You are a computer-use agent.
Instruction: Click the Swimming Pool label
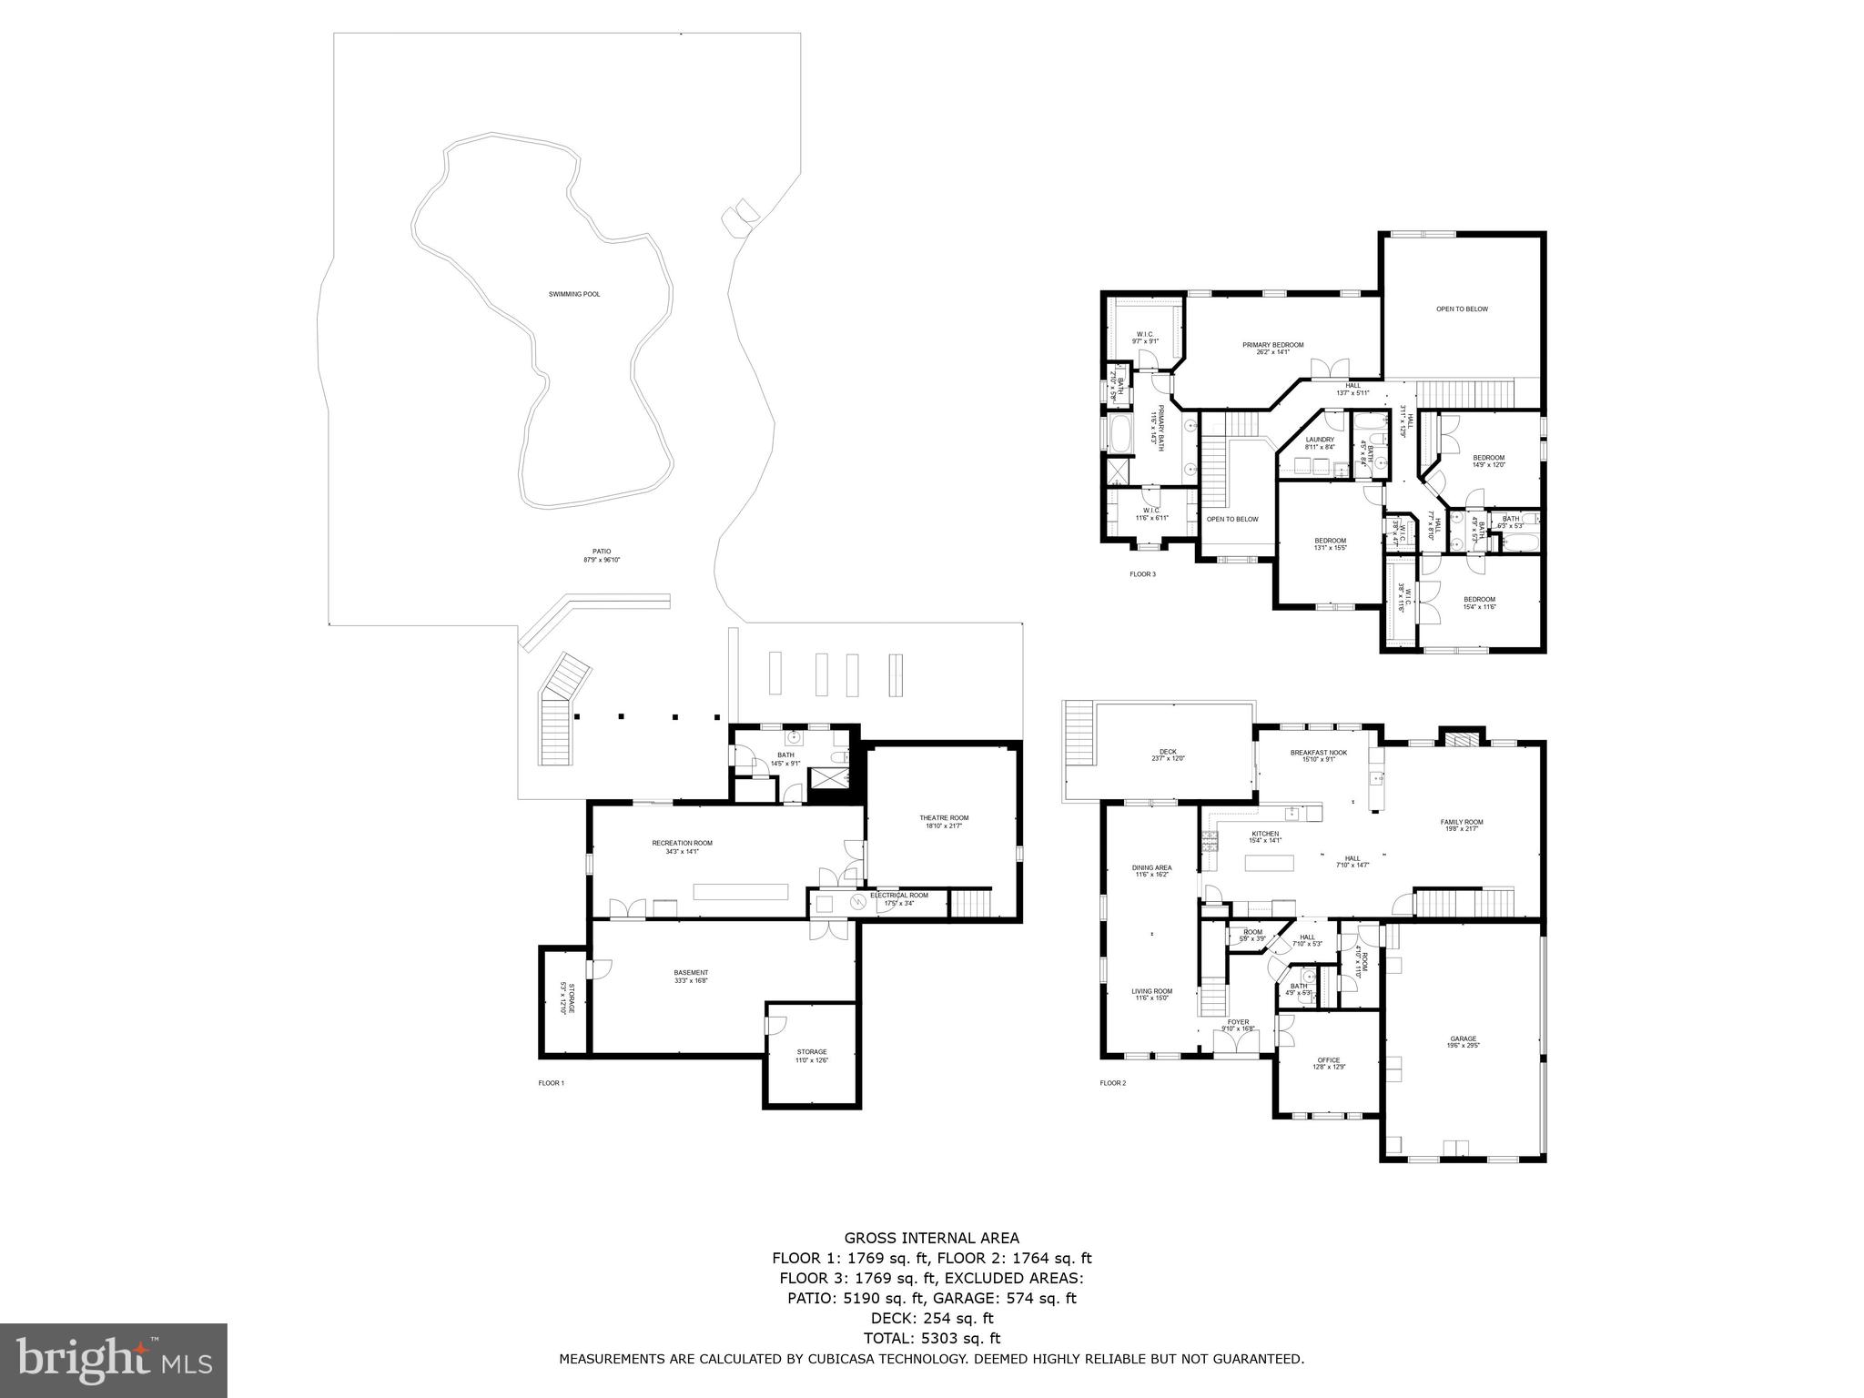pyautogui.click(x=574, y=294)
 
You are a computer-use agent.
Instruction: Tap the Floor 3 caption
pyautogui.click(x=1142, y=574)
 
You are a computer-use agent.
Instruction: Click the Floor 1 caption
pyautogui.click(x=552, y=1083)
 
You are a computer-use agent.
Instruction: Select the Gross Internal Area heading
pyautogui.click(x=931, y=1238)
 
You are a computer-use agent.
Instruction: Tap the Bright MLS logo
pyautogui.click(x=114, y=1361)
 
